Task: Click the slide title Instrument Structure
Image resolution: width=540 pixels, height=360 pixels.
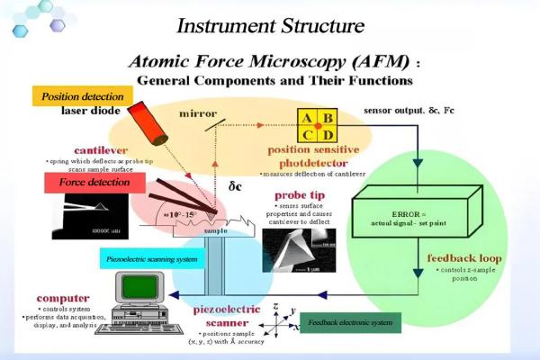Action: [270, 23]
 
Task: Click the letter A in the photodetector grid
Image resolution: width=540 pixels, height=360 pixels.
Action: [307, 118]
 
